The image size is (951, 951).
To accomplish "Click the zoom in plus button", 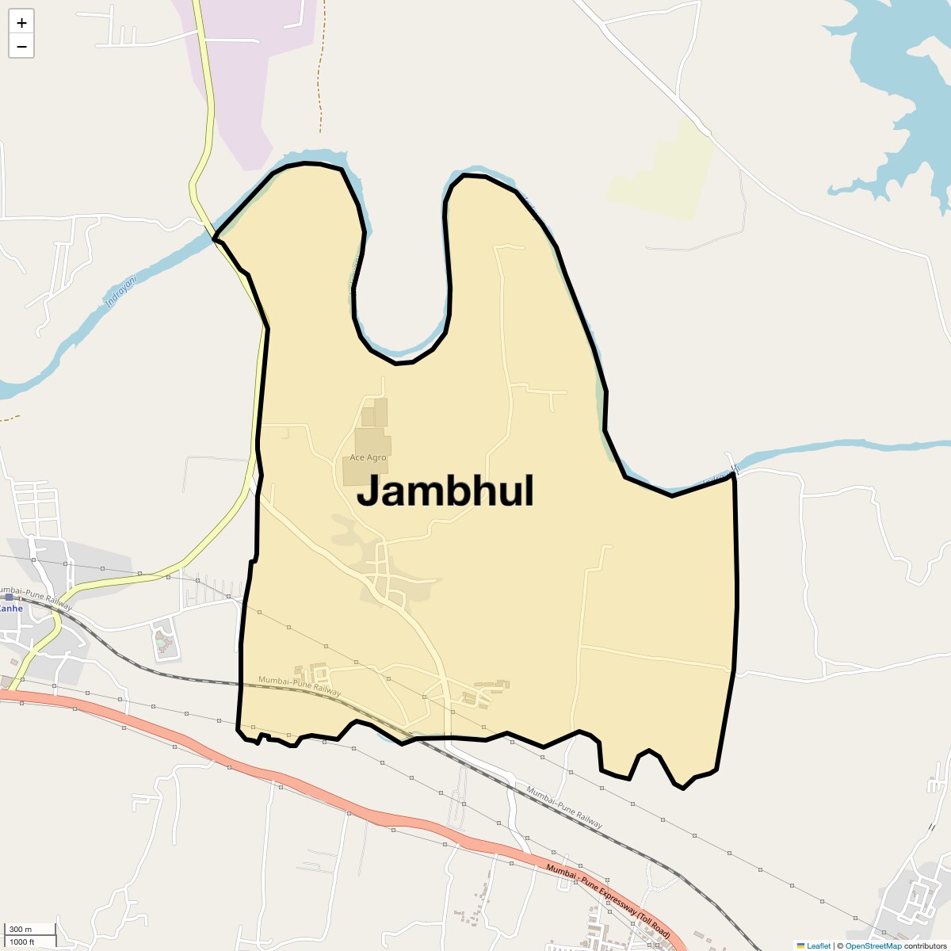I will [21, 23].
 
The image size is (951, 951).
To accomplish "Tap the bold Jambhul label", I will [445, 491].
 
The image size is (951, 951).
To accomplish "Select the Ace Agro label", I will [369, 458].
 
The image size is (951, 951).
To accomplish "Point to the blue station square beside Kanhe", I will [9, 597].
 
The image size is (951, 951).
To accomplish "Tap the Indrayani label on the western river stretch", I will [121, 291].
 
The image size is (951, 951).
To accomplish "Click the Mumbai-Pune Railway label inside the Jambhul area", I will [300, 686].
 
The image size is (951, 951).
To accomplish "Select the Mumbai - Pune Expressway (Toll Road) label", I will [608, 903].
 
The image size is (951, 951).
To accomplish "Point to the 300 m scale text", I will [21, 930].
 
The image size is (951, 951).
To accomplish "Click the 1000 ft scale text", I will [22, 941].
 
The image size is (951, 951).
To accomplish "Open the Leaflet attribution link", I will [818, 945].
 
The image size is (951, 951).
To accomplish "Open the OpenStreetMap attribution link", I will [873, 945].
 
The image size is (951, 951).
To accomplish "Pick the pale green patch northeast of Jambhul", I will [662, 170].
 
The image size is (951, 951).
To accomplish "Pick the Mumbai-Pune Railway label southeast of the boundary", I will [564, 808].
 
